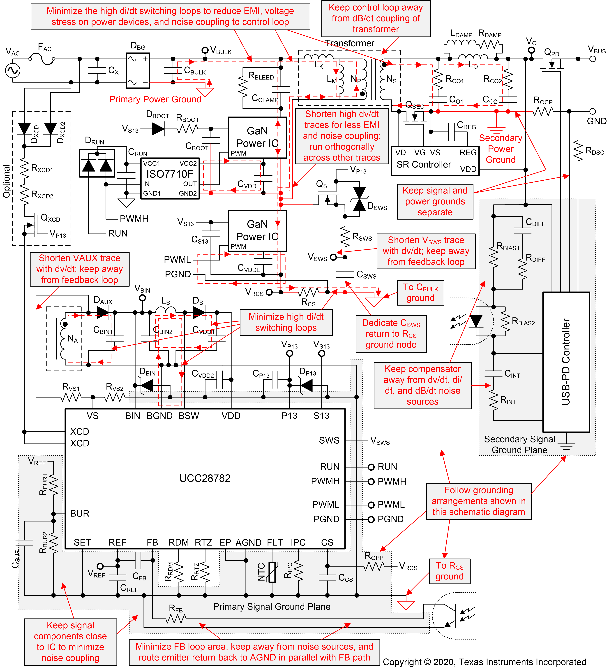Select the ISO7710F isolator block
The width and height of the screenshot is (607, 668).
(170, 178)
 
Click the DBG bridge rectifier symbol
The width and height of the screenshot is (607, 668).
(138, 71)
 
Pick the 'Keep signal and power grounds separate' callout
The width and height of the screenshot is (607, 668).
(435, 201)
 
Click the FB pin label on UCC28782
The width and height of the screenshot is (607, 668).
(152, 542)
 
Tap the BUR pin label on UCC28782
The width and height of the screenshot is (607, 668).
(79, 514)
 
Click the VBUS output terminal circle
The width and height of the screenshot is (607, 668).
(592, 59)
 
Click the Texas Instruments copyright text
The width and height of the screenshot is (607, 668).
(484, 662)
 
